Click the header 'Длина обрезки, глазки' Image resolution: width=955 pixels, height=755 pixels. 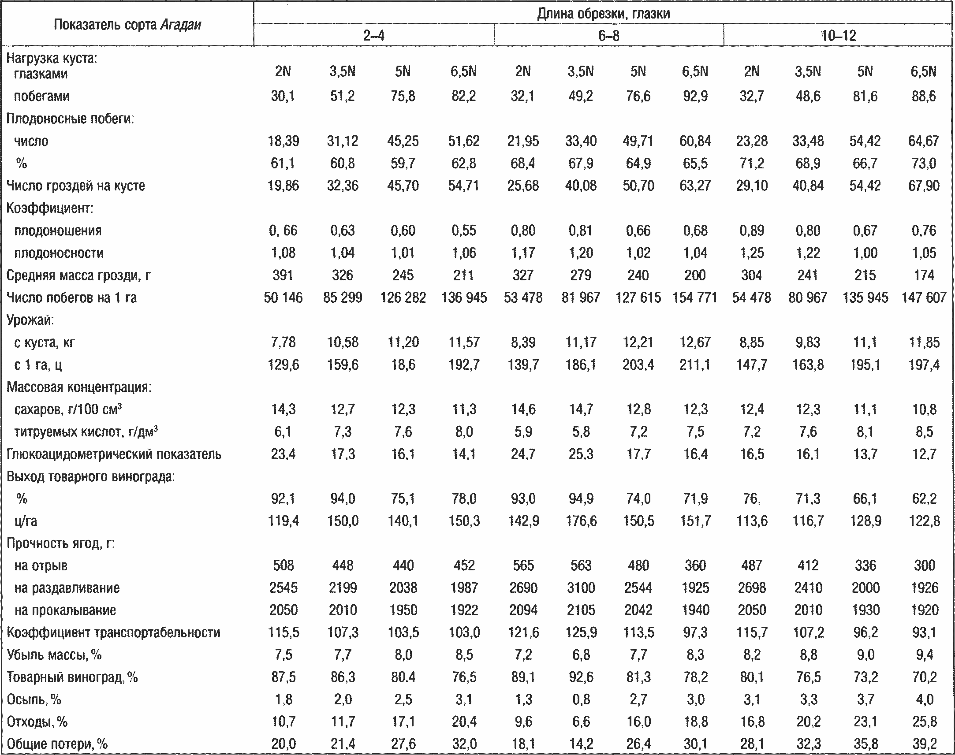point(604,14)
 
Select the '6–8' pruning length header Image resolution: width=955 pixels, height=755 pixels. point(609,35)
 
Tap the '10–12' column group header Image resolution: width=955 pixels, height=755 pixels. point(838,35)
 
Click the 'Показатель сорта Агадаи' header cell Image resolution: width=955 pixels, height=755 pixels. point(127,25)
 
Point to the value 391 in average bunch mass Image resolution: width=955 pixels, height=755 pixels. point(283,275)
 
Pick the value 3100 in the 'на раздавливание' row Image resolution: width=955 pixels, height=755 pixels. point(581,588)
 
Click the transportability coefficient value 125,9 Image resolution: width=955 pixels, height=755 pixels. point(581,632)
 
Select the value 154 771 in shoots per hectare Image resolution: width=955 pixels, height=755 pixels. point(694,298)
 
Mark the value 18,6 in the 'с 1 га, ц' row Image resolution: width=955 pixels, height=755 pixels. point(403,364)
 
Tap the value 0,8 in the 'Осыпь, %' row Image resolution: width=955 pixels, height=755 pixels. point(581,699)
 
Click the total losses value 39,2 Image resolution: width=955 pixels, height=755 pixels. point(924,744)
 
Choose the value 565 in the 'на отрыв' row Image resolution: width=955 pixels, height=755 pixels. point(523,565)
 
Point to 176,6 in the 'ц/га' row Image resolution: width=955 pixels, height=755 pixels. point(581,521)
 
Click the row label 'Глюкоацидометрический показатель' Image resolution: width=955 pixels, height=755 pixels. point(114,454)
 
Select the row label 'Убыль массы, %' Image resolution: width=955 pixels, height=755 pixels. point(54,655)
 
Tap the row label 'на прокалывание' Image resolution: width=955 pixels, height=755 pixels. point(65,610)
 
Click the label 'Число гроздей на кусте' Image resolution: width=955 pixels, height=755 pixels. point(75,186)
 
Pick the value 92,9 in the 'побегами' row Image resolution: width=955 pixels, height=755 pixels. point(695,97)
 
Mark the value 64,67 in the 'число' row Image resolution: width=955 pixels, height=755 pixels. point(924,141)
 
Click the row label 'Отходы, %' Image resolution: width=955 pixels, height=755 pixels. point(37,722)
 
